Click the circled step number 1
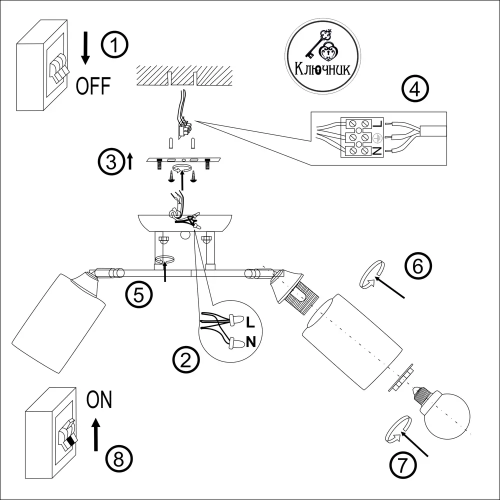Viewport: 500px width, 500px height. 114,45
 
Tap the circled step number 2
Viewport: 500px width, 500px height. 185,359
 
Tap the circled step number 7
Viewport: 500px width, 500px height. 402,466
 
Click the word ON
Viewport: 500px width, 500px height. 99,400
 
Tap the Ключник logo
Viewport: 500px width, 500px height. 322,56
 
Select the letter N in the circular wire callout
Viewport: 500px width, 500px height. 251,342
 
